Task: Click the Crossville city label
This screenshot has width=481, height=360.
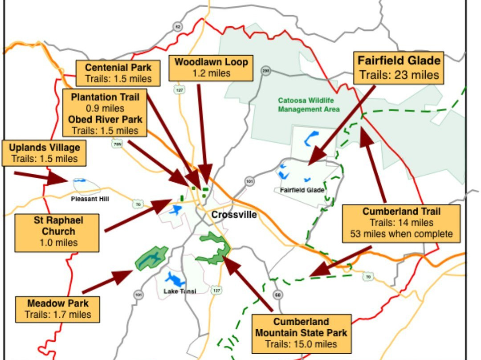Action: pyautogui.click(x=234, y=215)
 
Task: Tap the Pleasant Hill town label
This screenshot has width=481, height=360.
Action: pyautogui.click(x=90, y=199)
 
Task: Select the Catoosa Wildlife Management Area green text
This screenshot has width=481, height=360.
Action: pyautogui.click(x=309, y=105)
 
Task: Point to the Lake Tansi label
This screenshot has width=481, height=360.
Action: pyautogui.click(x=180, y=291)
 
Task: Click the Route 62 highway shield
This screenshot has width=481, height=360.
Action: pyautogui.click(x=178, y=27)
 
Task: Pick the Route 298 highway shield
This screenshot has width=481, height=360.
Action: pyautogui.click(x=266, y=70)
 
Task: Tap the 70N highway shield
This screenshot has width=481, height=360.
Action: pyautogui.click(x=116, y=144)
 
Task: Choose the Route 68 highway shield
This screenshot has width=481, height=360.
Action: pyautogui.click(x=278, y=295)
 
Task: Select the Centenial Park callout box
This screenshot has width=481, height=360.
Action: pyautogui.click(x=118, y=74)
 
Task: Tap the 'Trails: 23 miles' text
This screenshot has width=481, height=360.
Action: pyautogui.click(x=399, y=75)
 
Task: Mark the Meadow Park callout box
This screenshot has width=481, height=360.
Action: pyautogui.click(x=58, y=309)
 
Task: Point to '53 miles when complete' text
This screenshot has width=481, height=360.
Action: pyautogui.click(x=401, y=234)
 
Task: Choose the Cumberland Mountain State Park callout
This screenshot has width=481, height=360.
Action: pyautogui.click(x=301, y=333)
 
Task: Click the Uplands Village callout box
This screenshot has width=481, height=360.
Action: pyautogui.click(x=45, y=153)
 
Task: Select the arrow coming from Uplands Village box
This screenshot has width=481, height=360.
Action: pyautogui.click(x=42, y=177)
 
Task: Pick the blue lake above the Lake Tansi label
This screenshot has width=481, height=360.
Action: pyautogui.click(x=175, y=280)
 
